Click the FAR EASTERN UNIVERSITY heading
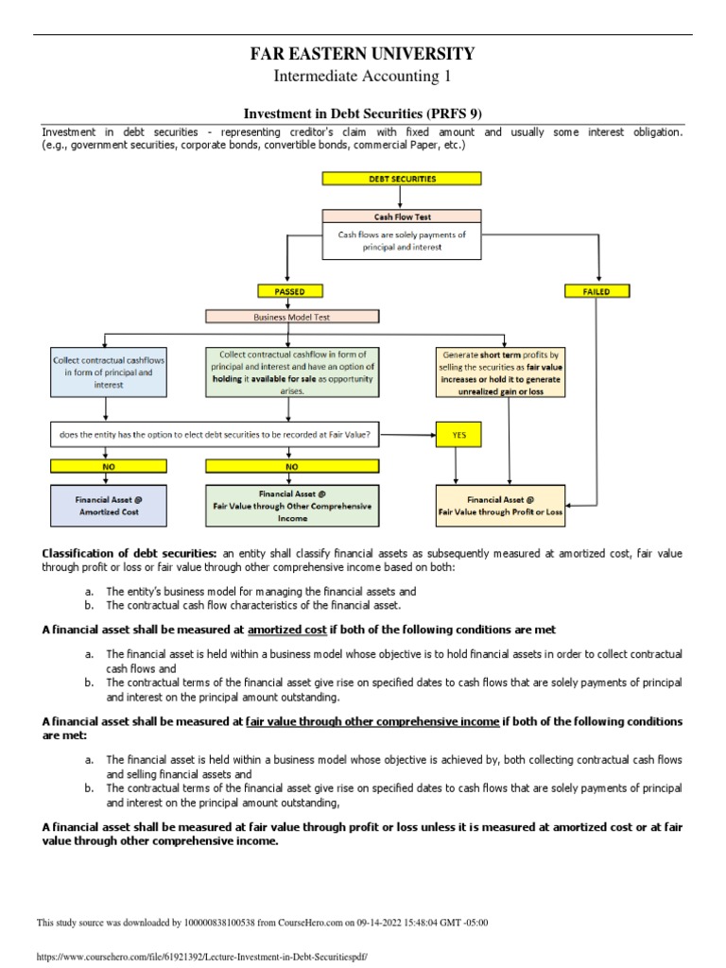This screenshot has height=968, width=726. coord(362,54)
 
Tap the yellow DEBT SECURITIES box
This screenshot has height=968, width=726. coord(402,178)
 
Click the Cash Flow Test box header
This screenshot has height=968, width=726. coord(402,216)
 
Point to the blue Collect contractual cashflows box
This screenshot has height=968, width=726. coord(108,372)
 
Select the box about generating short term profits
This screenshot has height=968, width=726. coord(499,372)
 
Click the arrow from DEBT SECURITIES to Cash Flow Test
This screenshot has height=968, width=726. coord(402,197)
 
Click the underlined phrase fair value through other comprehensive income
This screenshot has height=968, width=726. coord(372,721)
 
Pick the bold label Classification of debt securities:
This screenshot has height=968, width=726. coord(130,553)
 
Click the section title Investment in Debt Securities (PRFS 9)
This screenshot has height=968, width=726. coord(363,113)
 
